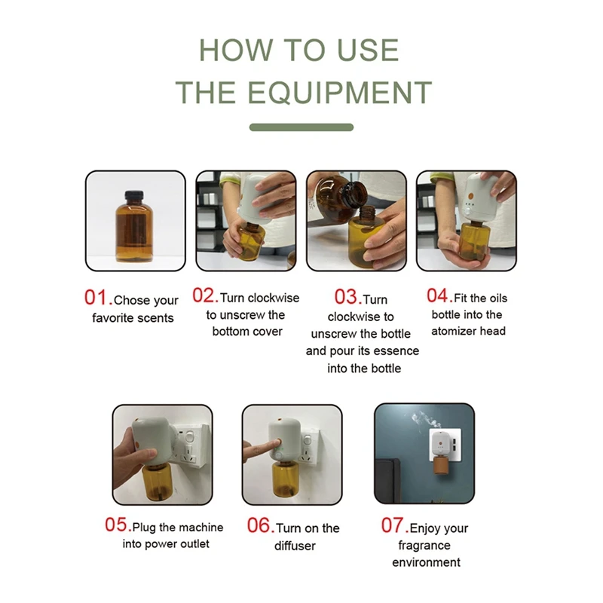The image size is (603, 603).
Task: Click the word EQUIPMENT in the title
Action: click(340, 92)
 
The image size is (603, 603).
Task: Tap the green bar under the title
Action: click(301, 127)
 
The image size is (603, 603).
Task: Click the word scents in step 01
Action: click(157, 318)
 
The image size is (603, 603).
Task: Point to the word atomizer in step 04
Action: click(451, 331)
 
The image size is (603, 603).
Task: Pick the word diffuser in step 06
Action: click(295, 546)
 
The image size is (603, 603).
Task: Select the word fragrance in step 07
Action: click(424, 546)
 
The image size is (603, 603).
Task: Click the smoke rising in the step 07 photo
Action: click(426, 421)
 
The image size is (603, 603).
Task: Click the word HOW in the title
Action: click(235, 50)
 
